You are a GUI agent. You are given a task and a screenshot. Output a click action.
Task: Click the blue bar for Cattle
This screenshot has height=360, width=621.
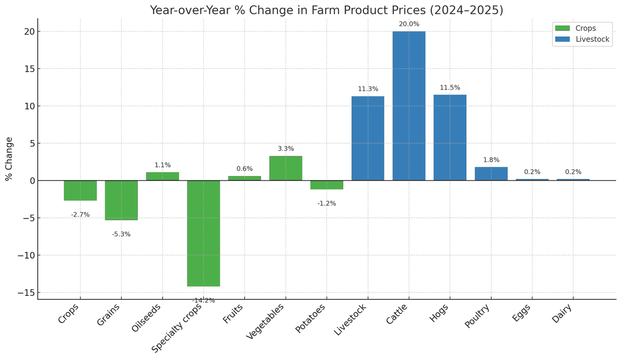409,106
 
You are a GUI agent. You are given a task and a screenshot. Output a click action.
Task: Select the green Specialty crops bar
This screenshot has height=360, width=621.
203,233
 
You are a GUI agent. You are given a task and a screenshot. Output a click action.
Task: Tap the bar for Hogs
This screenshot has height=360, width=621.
450,138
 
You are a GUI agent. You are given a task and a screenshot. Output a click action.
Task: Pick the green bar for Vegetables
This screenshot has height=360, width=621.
286,168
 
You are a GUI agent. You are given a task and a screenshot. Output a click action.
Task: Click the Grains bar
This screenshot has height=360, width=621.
121,200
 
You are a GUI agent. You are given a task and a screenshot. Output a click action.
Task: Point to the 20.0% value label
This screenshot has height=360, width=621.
409,24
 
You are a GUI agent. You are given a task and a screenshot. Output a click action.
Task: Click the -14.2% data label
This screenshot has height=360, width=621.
203,301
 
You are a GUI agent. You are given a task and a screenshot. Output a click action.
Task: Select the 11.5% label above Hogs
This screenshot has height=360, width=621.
450,87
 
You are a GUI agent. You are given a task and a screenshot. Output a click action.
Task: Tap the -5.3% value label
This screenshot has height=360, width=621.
121,234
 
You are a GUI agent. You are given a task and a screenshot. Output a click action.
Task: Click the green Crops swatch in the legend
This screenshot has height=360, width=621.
562,28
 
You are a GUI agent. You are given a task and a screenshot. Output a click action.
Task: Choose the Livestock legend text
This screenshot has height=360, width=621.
592,39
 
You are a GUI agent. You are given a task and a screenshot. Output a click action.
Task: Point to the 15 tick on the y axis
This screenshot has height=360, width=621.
30,69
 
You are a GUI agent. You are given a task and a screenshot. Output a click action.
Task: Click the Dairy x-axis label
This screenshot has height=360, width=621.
563,314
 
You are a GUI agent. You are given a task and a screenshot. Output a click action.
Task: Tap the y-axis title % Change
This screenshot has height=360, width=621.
9,159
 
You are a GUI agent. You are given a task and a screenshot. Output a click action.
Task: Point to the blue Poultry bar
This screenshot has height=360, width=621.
491,174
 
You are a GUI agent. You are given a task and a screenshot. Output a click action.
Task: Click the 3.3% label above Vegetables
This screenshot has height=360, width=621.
286,148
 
